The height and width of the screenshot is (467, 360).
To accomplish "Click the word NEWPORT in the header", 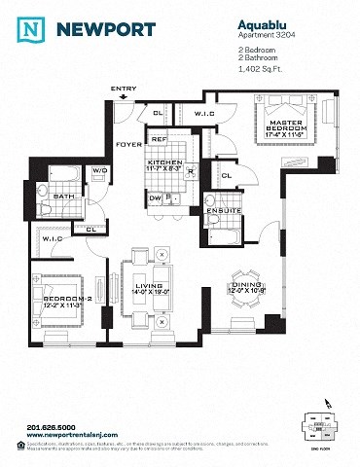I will (103, 29).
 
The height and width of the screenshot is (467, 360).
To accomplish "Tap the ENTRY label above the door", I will (124, 90).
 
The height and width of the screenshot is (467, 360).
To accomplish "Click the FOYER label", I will (129, 143).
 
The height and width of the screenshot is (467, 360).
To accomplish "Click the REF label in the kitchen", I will (158, 140).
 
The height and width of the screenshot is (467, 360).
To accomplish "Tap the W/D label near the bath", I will (99, 171).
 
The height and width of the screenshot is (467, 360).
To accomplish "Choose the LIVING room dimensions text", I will (150, 291).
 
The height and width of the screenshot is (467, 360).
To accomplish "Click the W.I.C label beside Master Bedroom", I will (231, 114).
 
